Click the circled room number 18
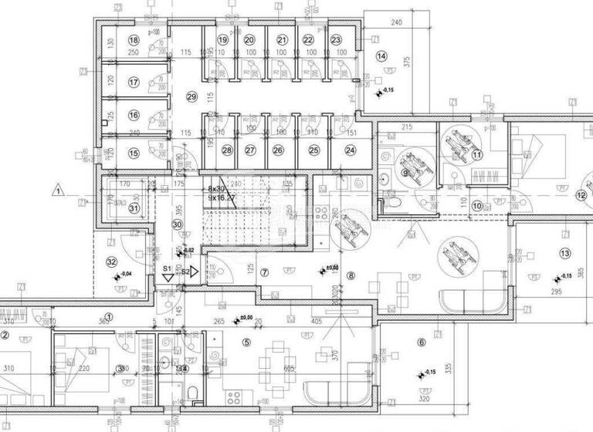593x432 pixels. tap(134, 40)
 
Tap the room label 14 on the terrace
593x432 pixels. tap(381, 56)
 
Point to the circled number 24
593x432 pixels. tap(351, 150)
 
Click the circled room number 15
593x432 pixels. tap(134, 153)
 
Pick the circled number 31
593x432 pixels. tap(134, 207)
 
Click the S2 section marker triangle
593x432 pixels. tap(194, 272)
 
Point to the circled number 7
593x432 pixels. tap(264, 272)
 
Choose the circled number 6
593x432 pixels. tap(421, 343)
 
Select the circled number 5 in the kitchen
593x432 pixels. tap(247, 342)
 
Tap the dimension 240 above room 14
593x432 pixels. tap(397, 24)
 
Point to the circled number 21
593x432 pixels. tap(282, 40)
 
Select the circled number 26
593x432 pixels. tap(278, 150)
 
